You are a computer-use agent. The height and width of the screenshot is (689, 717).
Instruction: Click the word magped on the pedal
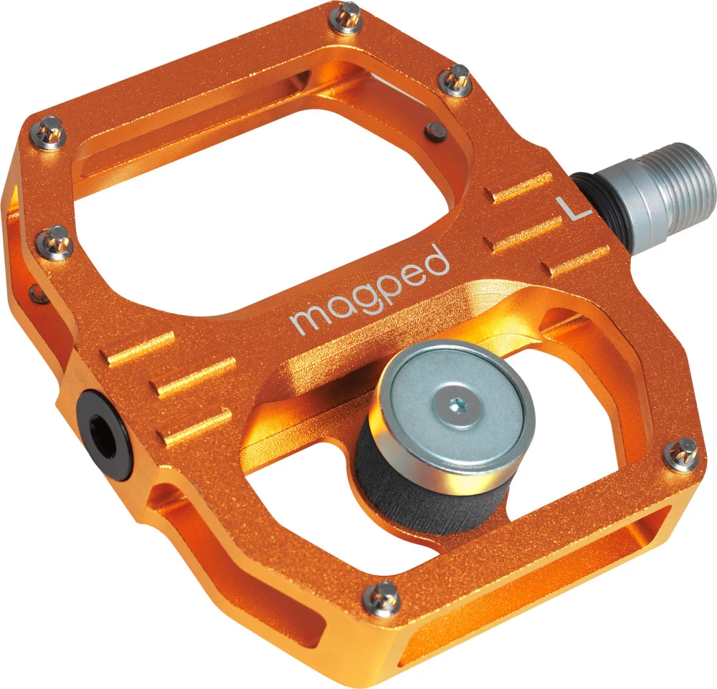[x=369, y=290]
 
